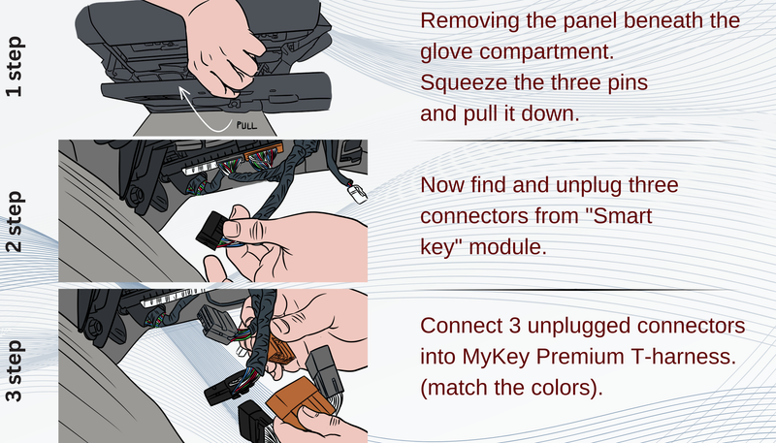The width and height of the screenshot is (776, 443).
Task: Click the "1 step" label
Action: pyautogui.click(x=14, y=66)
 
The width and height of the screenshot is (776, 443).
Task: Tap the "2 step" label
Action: pyautogui.click(x=14, y=221)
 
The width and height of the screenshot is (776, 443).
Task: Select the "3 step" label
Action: pyautogui.click(x=14, y=370)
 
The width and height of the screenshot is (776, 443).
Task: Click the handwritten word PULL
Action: pyautogui.click(x=246, y=125)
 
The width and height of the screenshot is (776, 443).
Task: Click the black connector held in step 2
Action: pyautogui.click(x=211, y=230)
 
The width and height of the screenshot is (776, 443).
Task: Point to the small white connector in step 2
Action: pyautogui.click(x=357, y=192)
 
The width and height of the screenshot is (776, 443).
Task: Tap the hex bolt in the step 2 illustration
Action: pyautogui.click(x=136, y=195)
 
